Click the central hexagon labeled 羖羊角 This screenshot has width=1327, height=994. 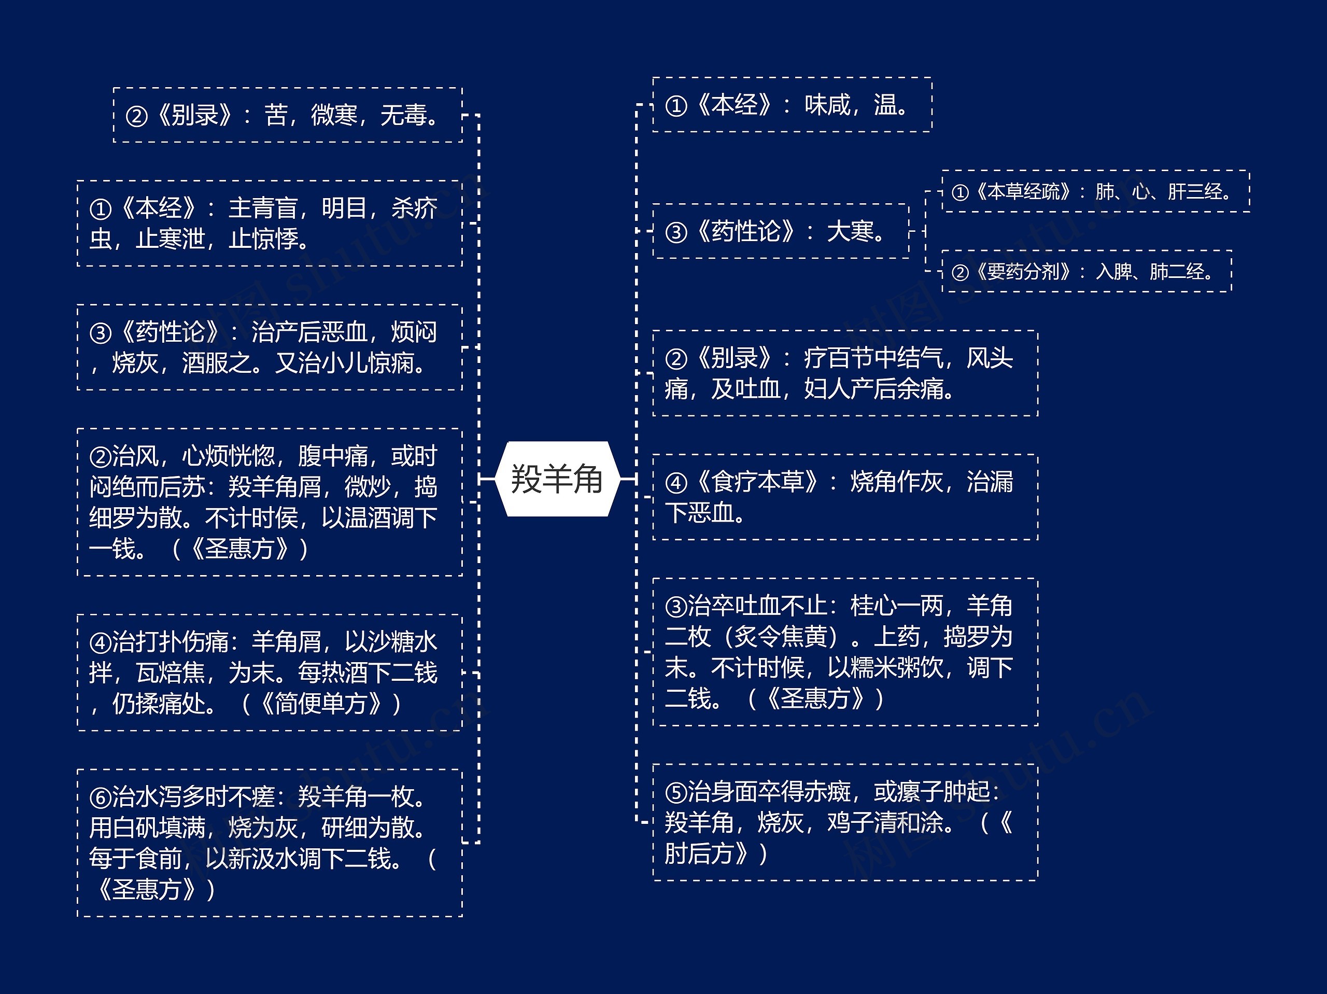(x=557, y=479)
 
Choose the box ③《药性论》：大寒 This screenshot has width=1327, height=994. (x=780, y=231)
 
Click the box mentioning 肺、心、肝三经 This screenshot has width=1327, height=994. (x=1095, y=191)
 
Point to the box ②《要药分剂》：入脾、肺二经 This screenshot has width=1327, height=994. (x=1086, y=271)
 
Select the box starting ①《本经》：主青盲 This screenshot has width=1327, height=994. (x=270, y=223)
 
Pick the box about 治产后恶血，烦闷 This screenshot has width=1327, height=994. (x=270, y=347)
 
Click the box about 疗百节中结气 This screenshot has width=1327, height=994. (x=845, y=373)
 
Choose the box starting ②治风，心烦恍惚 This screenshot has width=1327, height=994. (x=270, y=502)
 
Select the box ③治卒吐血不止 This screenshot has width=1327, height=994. (x=845, y=652)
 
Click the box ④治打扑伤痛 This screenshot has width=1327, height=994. (x=270, y=673)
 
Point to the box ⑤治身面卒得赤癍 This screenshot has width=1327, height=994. (x=845, y=822)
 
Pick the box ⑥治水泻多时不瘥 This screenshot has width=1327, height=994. (x=270, y=843)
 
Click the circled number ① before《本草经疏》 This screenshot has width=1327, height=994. (x=961, y=192)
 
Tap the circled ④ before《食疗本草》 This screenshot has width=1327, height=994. (x=676, y=483)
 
